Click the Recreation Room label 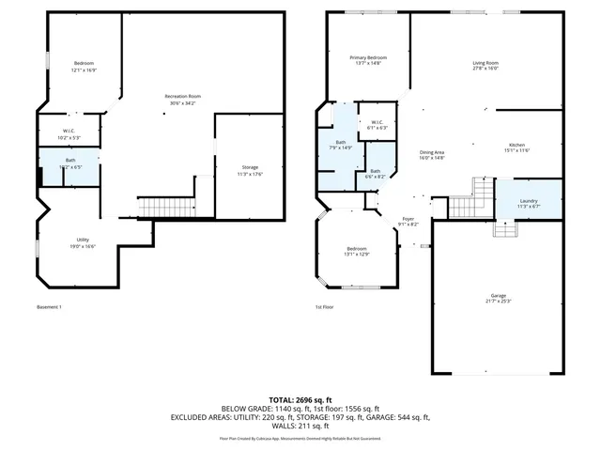click(x=182, y=99)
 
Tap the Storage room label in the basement click(x=250, y=170)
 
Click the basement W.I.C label click(x=69, y=133)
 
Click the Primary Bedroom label click(x=368, y=60)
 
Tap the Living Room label click(x=485, y=66)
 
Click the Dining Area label click(x=431, y=155)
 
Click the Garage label click(x=498, y=298)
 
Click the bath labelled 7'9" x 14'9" click(x=340, y=145)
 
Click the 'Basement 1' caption click(x=49, y=307)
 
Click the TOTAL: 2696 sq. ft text click(x=300, y=400)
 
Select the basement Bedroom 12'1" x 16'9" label click(x=84, y=66)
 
